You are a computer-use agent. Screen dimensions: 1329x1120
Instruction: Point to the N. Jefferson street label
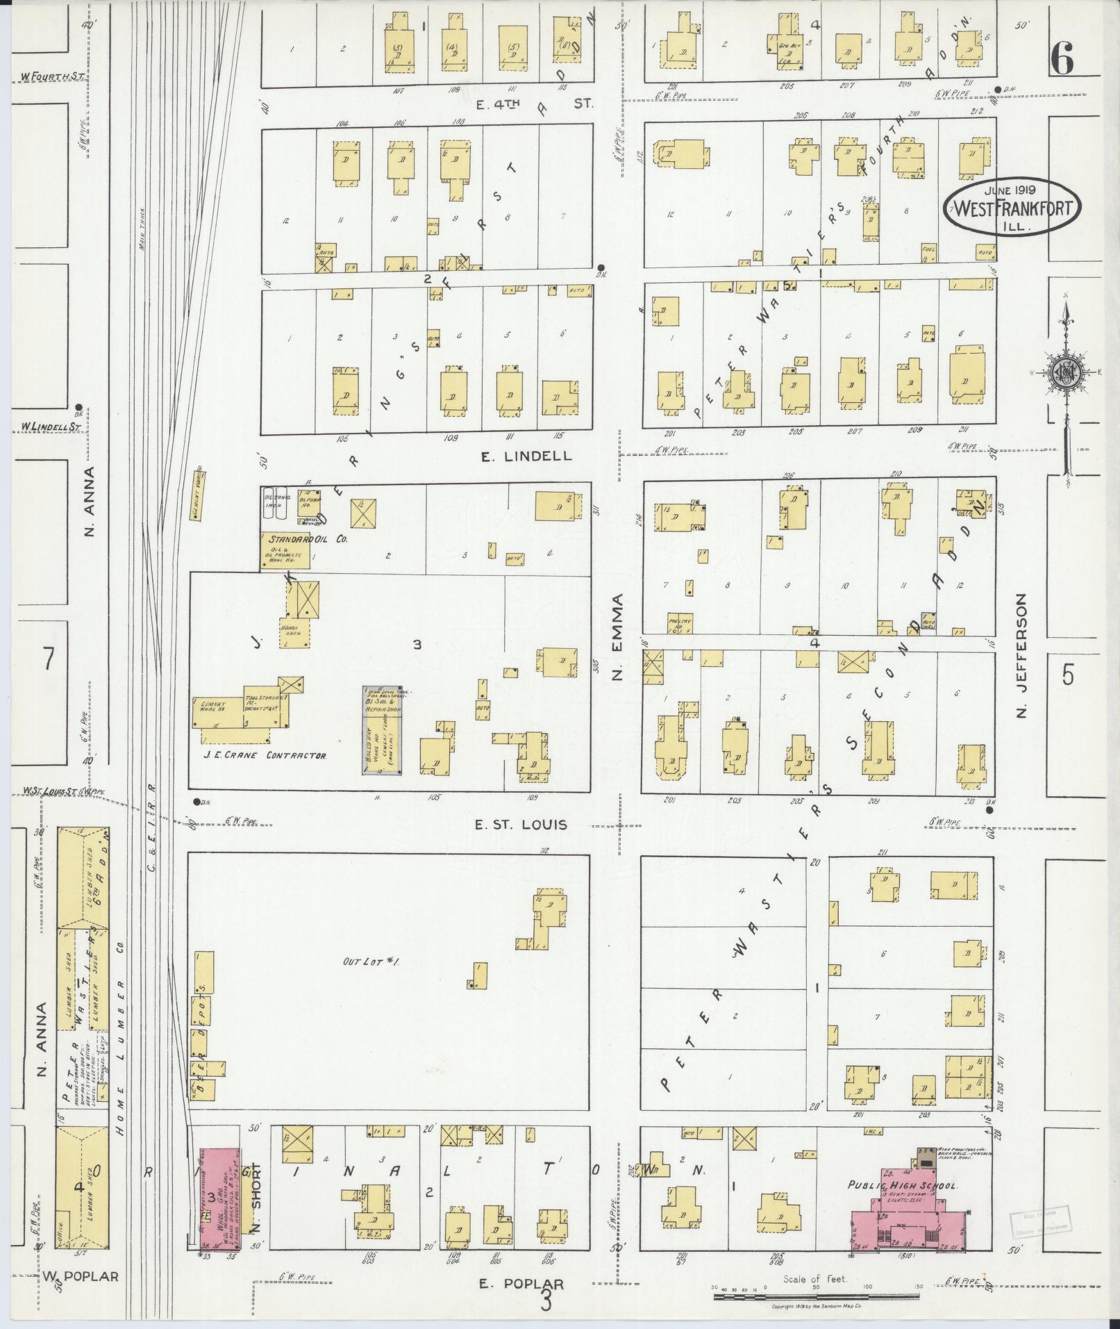point(1021,656)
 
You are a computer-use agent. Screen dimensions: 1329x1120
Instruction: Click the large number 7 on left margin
point(47,659)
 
